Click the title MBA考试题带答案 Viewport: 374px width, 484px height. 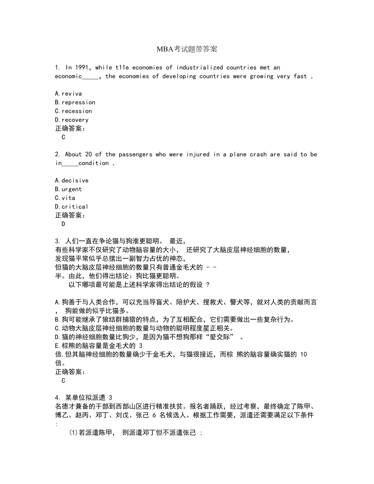[187, 49]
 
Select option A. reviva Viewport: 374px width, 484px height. [68, 93]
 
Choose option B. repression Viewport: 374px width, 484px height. [75, 102]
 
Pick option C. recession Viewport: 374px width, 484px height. [74, 111]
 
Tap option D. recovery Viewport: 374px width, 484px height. [72, 120]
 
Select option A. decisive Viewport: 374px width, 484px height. [72, 180]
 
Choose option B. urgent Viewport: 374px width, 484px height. [68, 189]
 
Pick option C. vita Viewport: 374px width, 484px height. [65, 198]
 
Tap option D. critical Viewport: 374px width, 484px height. [72, 206]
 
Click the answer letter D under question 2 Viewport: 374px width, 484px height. [63, 224]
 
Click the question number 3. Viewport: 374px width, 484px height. [57, 241]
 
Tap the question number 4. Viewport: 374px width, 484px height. [57, 397]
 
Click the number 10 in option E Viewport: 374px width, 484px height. [303, 354]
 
